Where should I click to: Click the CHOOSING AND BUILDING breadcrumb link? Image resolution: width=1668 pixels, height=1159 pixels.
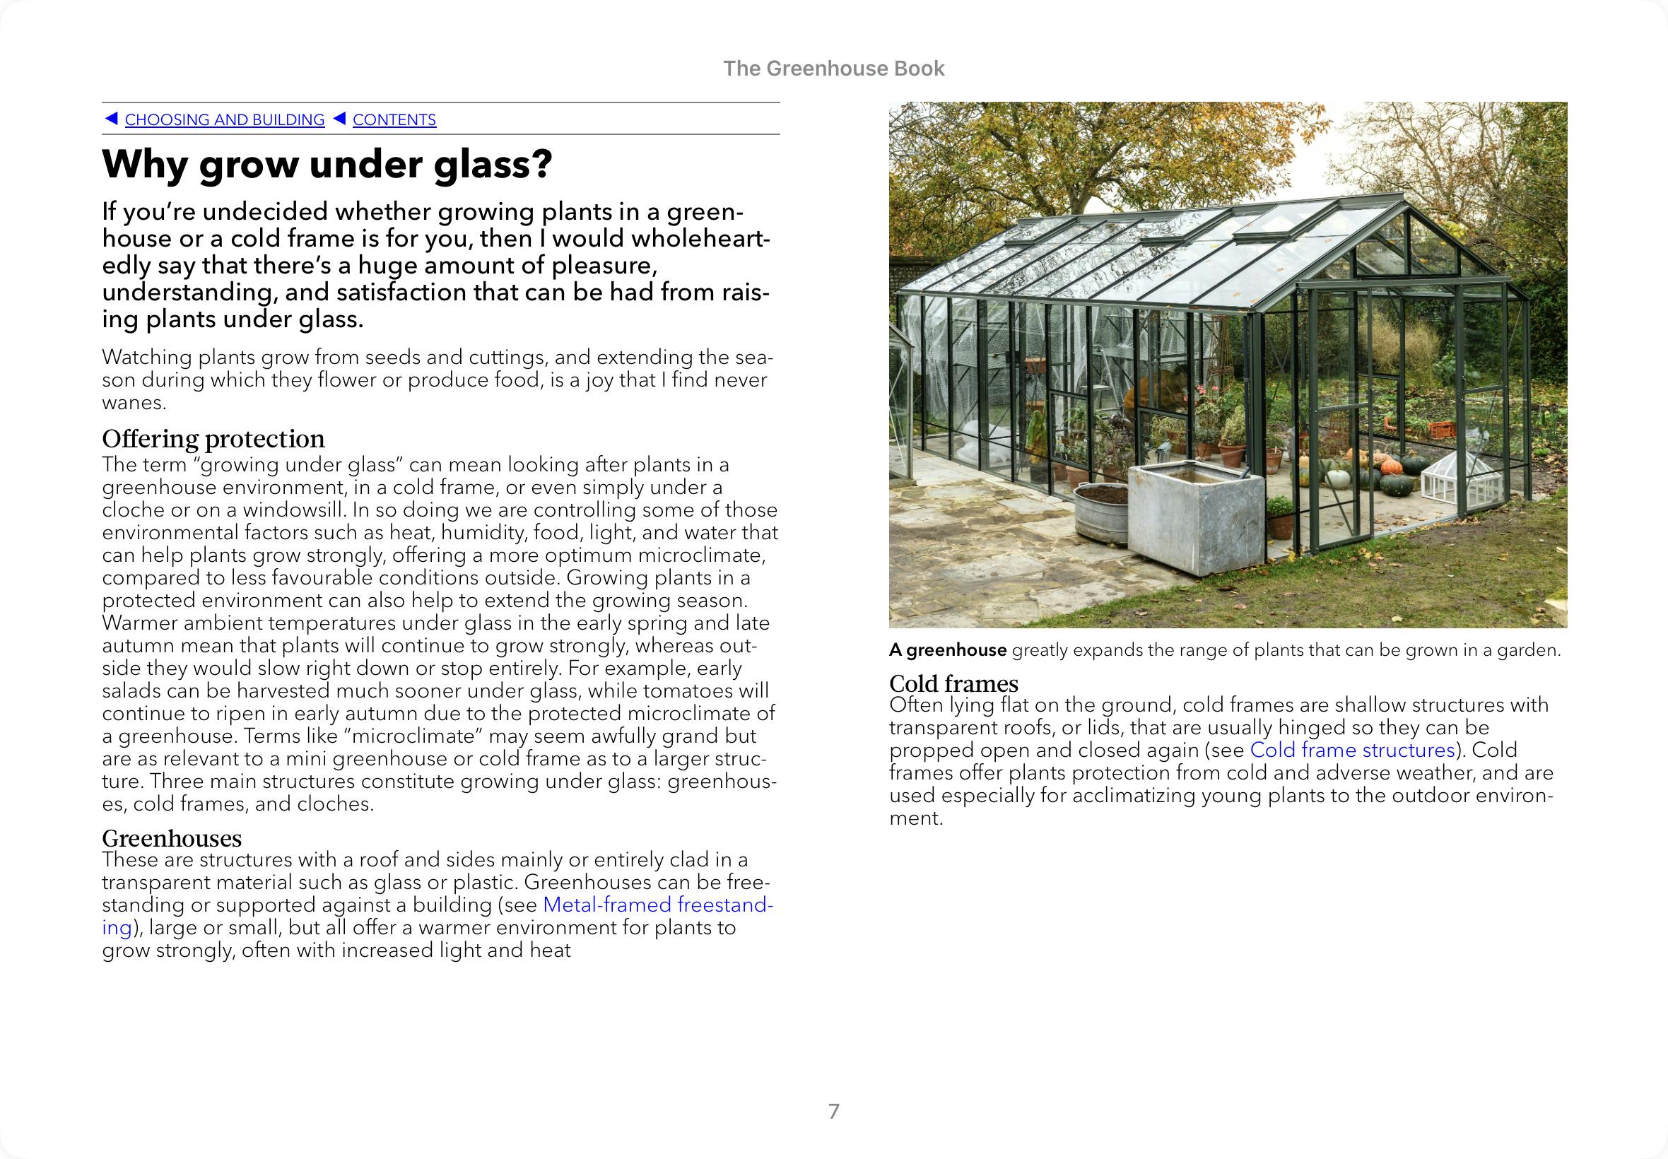pyautogui.click(x=224, y=120)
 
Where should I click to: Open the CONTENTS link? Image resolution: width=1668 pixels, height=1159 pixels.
pyautogui.click(x=394, y=120)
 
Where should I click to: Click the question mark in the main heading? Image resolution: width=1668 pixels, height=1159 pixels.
pyautogui.click(x=541, y=164)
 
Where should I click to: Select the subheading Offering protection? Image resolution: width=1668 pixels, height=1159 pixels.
pyautogui.click(x=213, y=439)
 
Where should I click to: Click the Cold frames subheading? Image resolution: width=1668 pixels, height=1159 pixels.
pyautogui.click(x=953, y=683)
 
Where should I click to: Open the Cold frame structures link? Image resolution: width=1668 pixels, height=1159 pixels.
pyautogui.click(x=1352, y=749)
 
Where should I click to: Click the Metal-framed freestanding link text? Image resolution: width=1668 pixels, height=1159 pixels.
pyautogui.click(x=658, y=905)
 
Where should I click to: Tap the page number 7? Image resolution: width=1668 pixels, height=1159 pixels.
pyautogui.click(x=833, y=1111)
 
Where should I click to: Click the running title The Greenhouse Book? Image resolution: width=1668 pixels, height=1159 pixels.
pyautogui.click(x=833, y=69)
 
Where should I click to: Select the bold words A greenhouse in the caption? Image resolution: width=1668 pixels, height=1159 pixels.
pyautogui.click(x=948, y=650)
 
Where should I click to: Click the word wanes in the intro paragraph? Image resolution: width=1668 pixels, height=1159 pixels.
pyautogui.click(x=134, y=402)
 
